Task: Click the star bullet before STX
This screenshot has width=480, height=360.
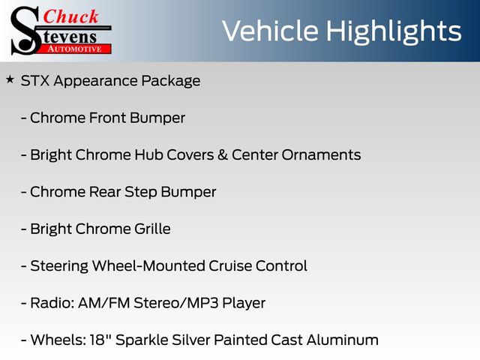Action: [x=10, y=80]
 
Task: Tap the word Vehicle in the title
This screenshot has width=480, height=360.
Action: [x=270, y=31]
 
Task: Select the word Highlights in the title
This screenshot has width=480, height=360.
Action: [x=394, y=32]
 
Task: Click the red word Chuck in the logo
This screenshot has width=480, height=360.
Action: [x=70, y=16]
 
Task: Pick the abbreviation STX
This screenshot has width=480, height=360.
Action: [x=35, y=81]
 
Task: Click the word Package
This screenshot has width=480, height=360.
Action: [x=171, y=82]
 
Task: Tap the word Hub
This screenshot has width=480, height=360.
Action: [x=148, y=154]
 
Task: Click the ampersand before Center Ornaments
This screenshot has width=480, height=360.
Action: [x=223, y=154]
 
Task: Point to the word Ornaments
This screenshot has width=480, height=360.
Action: [x=321, y=155]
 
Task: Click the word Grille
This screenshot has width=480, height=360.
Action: [x=152, y=229]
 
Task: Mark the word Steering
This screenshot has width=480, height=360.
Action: [x=59, y=266]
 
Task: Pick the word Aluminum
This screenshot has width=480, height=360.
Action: [x=342, y=340]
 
